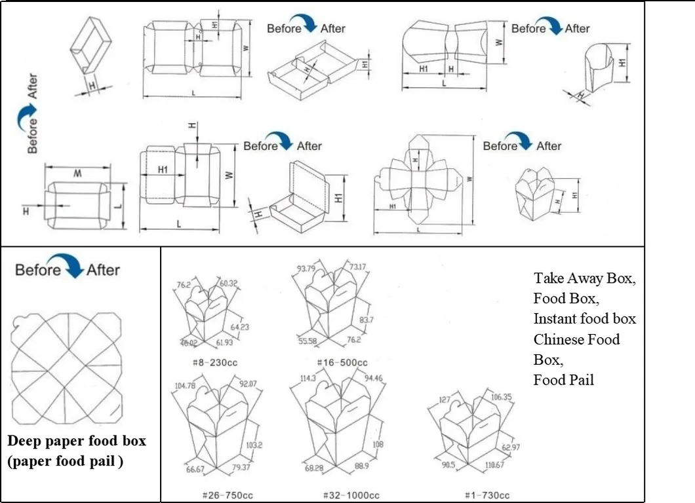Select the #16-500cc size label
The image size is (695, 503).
coord(342,362)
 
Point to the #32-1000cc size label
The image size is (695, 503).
coord(351,496)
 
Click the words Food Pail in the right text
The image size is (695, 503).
coord(563,380)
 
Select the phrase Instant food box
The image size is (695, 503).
coord(584,319)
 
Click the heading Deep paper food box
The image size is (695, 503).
coord(77,441)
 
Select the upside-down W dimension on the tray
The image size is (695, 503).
coord(77,174)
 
